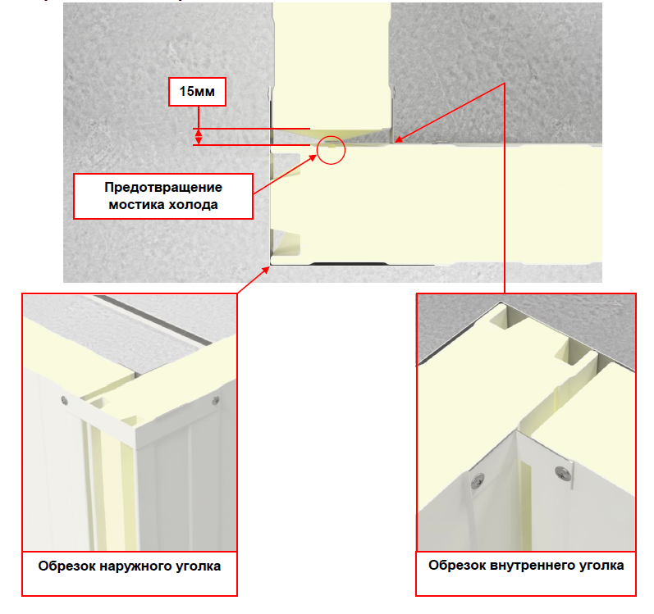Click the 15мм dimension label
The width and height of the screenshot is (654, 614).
tap(197, 91)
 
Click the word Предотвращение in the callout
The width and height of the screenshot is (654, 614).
tap(163, 188)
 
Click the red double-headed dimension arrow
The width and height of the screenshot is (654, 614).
tap(199, 137)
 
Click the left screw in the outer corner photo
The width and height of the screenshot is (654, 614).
tap(64, 401)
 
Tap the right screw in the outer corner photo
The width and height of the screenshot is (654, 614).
tap(216, 401)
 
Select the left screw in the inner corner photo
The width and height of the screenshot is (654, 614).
tap(478, 481)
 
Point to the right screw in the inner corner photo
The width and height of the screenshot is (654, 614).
tap(563, 474)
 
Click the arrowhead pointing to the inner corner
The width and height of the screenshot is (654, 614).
tap(398, 139)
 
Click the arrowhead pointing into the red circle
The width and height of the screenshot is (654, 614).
tap(313, 158)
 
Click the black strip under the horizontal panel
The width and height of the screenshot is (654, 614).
tap(349, 264)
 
